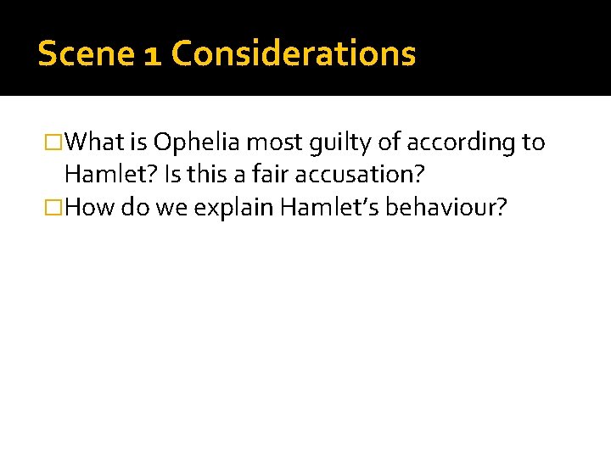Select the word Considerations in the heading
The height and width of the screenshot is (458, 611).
293,53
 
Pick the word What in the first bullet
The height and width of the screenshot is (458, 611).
96,142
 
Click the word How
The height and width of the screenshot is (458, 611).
90,209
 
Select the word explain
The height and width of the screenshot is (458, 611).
232,209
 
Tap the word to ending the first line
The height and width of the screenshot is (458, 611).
533,142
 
